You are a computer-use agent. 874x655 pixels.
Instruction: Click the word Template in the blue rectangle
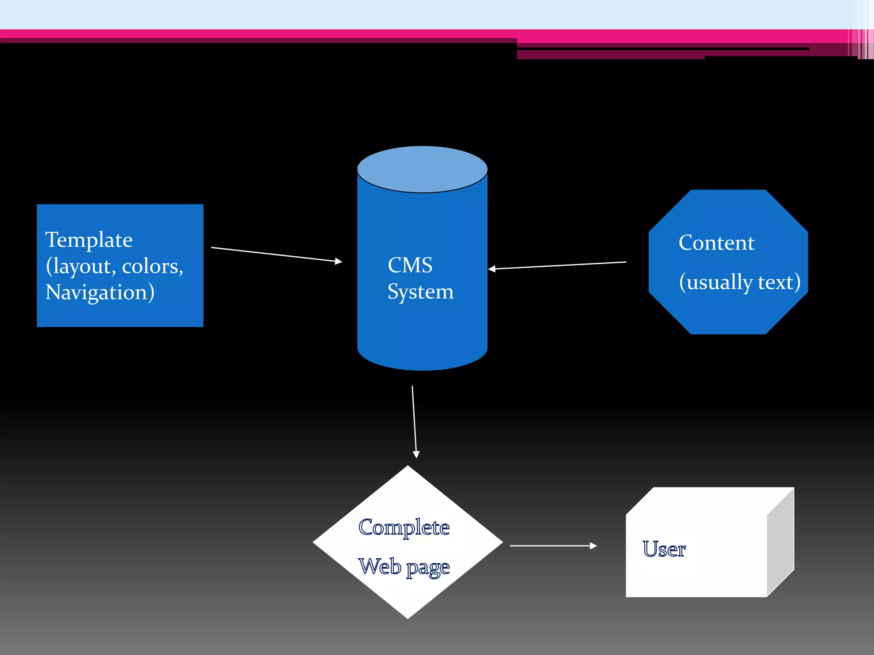(x=89, y=240)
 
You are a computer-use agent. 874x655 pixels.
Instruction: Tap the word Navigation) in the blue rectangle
(x=100, y=293)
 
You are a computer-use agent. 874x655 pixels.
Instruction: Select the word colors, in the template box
(x=152, y=267)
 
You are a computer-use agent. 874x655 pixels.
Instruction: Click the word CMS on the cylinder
(x=410, y=265)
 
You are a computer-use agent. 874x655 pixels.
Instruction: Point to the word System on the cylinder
(x=420, y=292)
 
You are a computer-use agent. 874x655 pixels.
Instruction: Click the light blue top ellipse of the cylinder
(x=422, y=169)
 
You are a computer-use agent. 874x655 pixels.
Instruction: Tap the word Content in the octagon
(x=717, y=243)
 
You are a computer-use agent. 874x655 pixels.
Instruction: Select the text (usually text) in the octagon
(x=740, y=282)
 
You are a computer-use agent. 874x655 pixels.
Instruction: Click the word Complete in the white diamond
(x=404, y=528)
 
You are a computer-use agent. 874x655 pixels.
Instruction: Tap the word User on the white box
(x=664, y=549)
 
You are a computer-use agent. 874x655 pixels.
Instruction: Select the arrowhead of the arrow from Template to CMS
(x=339, y=261)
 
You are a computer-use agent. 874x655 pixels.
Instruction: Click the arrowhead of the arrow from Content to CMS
(x=492, y=269)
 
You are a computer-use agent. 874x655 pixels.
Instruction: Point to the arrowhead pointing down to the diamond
(x=416, y=455)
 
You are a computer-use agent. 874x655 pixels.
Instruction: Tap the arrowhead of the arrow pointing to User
(x=594, y=546)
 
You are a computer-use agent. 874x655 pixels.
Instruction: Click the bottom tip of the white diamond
(x=408, y=616)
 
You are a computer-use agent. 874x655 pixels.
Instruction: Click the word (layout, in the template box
(x=81, y=267)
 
